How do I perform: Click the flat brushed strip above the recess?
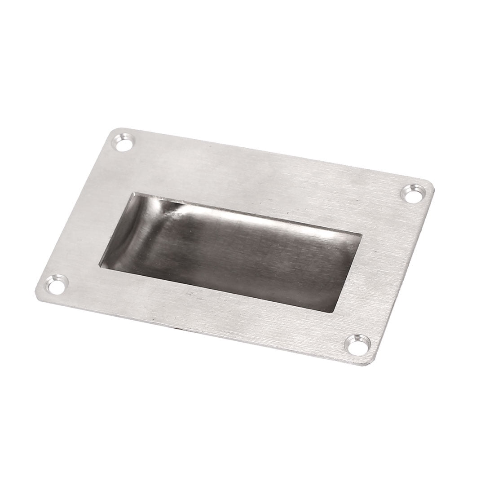pos(260,180)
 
